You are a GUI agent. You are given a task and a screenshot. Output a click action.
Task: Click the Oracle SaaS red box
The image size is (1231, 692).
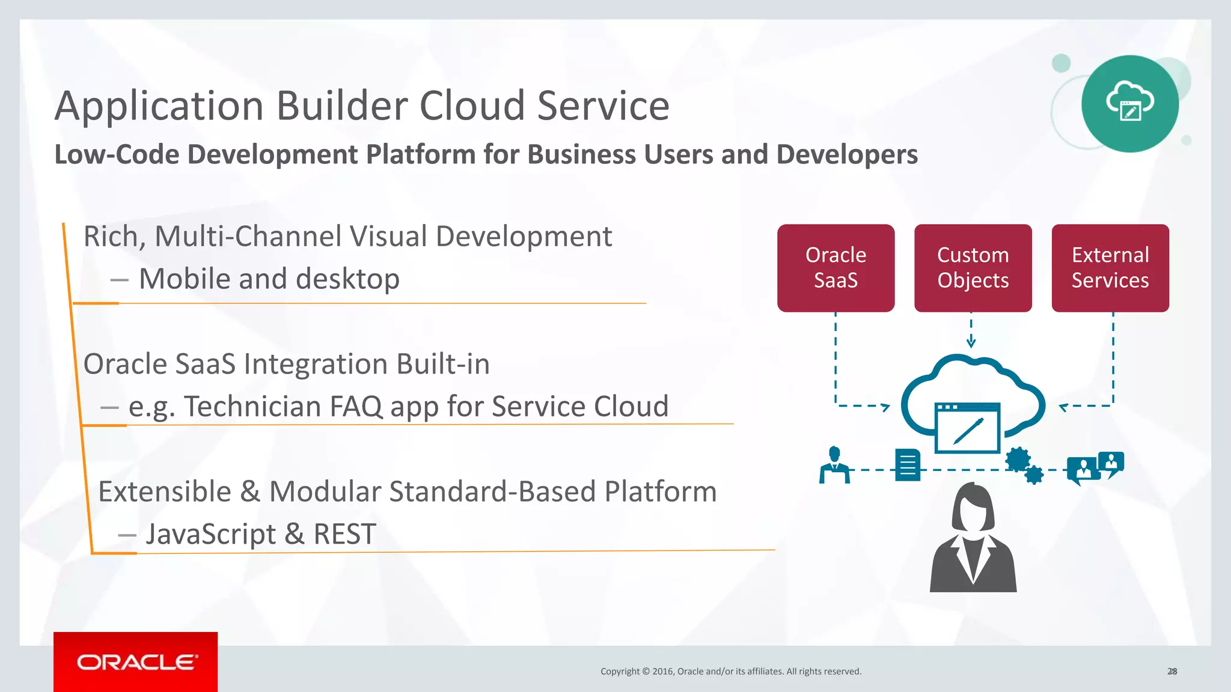(x=835, y=268)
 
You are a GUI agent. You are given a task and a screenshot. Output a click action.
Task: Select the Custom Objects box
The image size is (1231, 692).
(x=973, y=268)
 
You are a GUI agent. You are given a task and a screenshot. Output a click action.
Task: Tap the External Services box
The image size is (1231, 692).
(x=1110, y=268)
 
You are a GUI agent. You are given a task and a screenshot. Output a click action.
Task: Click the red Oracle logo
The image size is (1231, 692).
(x=136, y=662)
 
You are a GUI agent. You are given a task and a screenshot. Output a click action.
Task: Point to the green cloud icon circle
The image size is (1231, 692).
(x=1129, y=103)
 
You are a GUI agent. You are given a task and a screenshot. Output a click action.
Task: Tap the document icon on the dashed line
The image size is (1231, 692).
(x=908, y=465)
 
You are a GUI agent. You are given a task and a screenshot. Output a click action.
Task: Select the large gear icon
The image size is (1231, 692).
(x=1018, y=460)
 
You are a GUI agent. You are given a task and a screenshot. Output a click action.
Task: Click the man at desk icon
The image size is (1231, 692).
(x=834, y=465)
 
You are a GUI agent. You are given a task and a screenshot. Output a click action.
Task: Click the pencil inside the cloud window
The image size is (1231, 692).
(x=968, y=430)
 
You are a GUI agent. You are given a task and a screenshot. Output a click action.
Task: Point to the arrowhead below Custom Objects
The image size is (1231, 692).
(x=971, y=343)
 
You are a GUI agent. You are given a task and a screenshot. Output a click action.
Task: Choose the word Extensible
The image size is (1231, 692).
(x=164, y=491)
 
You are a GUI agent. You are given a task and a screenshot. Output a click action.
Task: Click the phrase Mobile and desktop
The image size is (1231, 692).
(x=269, y=279)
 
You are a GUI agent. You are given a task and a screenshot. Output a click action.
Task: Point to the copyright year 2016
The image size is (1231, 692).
(x=662, y=672)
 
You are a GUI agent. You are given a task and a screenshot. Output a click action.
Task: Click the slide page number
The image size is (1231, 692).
(x=1171, y=672)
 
